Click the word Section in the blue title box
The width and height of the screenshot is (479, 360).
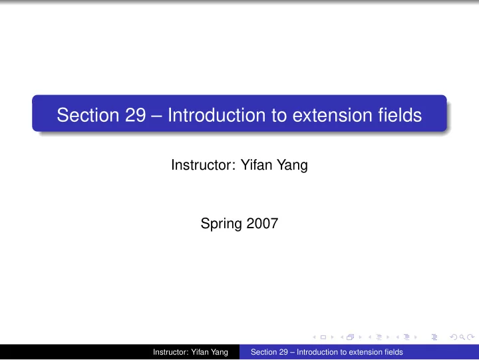(88, 115)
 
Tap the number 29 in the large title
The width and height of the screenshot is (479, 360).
(135, 115)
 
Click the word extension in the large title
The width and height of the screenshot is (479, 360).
(332, 115)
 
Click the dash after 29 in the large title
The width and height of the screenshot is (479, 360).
(157, 116)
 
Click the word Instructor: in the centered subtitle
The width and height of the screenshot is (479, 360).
(204, 165)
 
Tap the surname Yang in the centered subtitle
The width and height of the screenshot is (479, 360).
(292, 166)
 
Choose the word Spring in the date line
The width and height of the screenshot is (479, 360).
(221, 224)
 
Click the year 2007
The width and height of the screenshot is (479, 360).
(262, 224)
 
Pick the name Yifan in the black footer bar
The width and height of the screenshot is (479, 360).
(200, 352)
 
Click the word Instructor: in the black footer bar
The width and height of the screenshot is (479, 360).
(171, 352)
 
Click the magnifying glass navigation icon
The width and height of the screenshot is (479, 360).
(462, 337)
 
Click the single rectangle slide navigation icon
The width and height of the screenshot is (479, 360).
(323, 337)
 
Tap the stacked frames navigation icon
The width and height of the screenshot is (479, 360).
(351, 337)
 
